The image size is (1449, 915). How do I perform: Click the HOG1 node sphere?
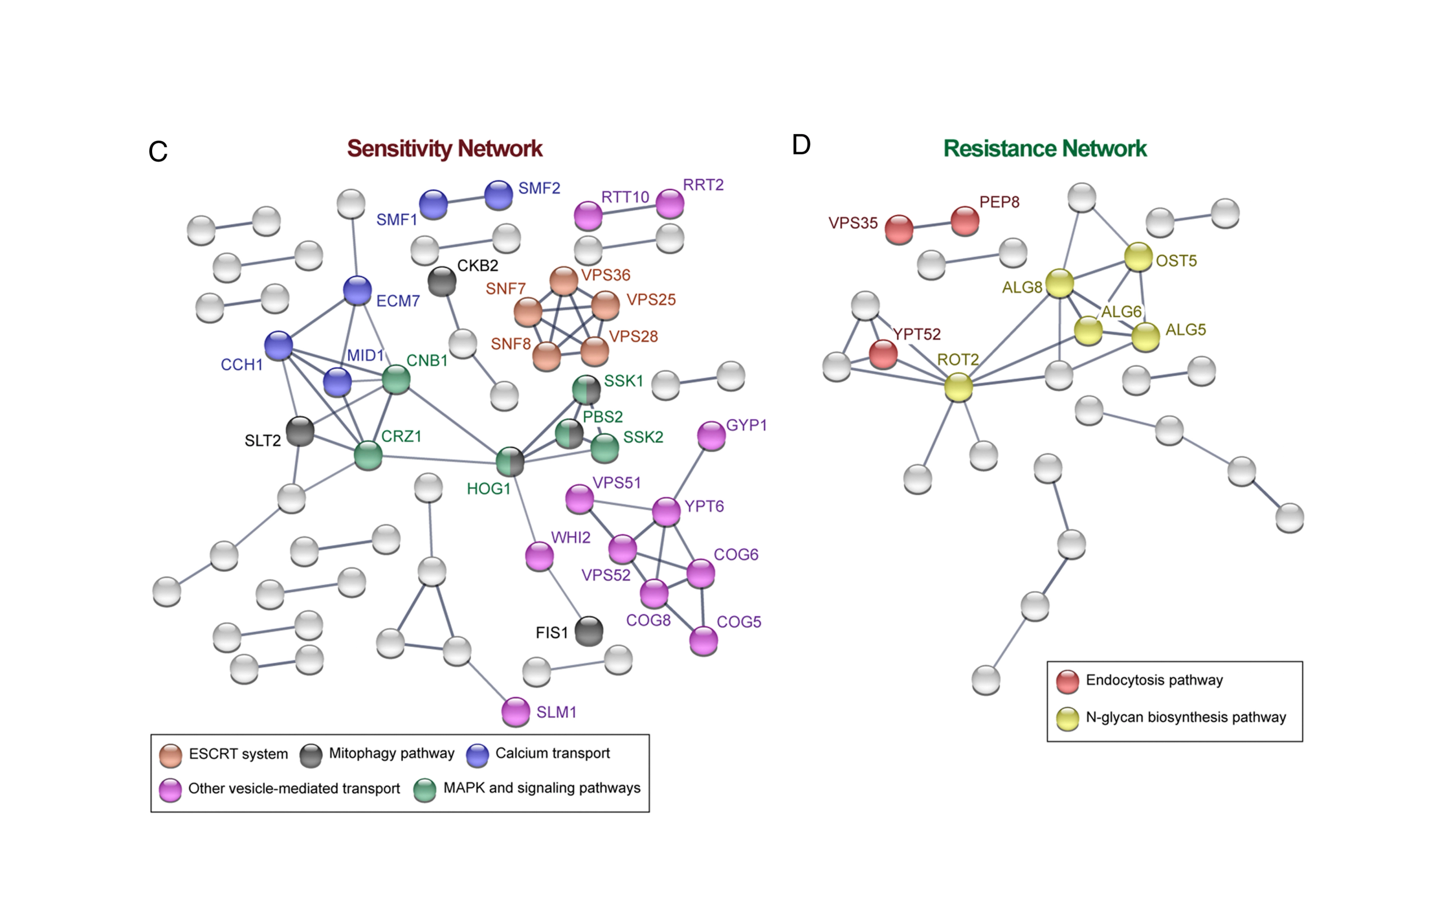point(510,461)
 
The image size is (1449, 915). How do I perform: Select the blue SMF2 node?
point(498,195)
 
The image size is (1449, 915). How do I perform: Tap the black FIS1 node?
point(589,631)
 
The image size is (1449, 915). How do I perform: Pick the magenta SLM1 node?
point(515,712)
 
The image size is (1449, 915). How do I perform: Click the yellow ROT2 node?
point(958,387)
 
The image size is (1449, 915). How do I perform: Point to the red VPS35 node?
point(899,229)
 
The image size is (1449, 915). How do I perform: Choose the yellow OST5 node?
point(1138,257)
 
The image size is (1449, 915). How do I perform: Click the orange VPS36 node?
point(564,281)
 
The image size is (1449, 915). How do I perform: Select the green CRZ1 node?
point(368,455)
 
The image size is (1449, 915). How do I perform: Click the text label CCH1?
point(241,365)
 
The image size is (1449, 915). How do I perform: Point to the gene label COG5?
point(739,622)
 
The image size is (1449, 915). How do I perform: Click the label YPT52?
point(916,334)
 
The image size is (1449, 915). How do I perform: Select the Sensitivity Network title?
point(445,149)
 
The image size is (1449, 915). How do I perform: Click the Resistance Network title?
point(1044,149)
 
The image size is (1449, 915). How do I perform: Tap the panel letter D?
point(801,145)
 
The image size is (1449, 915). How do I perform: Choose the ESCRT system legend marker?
point(171,755)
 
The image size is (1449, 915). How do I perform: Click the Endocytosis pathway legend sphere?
point(1068,681)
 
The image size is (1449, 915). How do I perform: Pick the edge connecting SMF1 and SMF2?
point(466,200)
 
